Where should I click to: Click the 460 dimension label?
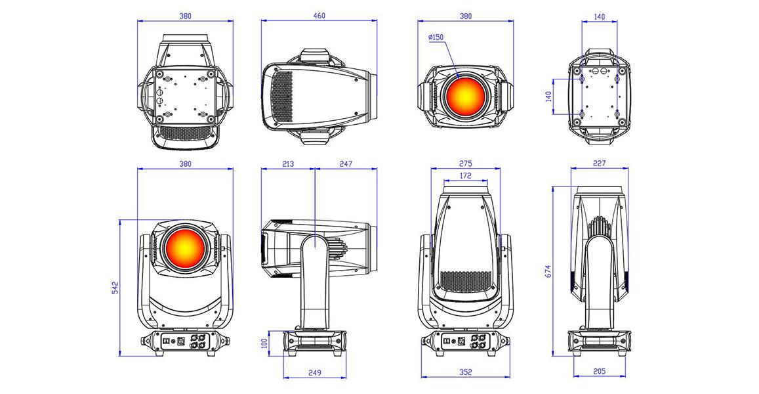319,16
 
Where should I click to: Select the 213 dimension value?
287,164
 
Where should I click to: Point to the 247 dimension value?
346,164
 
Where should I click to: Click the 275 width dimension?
465,164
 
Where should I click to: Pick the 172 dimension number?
465,176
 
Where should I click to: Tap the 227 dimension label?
599,164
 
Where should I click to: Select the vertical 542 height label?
115,288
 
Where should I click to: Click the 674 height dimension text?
548,271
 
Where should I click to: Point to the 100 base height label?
264,343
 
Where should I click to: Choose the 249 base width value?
315,373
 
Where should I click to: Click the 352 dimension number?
465,373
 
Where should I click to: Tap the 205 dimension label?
599,372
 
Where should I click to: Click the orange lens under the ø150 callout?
464,96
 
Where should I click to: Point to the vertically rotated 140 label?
548,97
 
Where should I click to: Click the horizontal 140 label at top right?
599,16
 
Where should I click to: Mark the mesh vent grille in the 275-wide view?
466,282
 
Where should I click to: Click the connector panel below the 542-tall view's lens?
185,342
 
